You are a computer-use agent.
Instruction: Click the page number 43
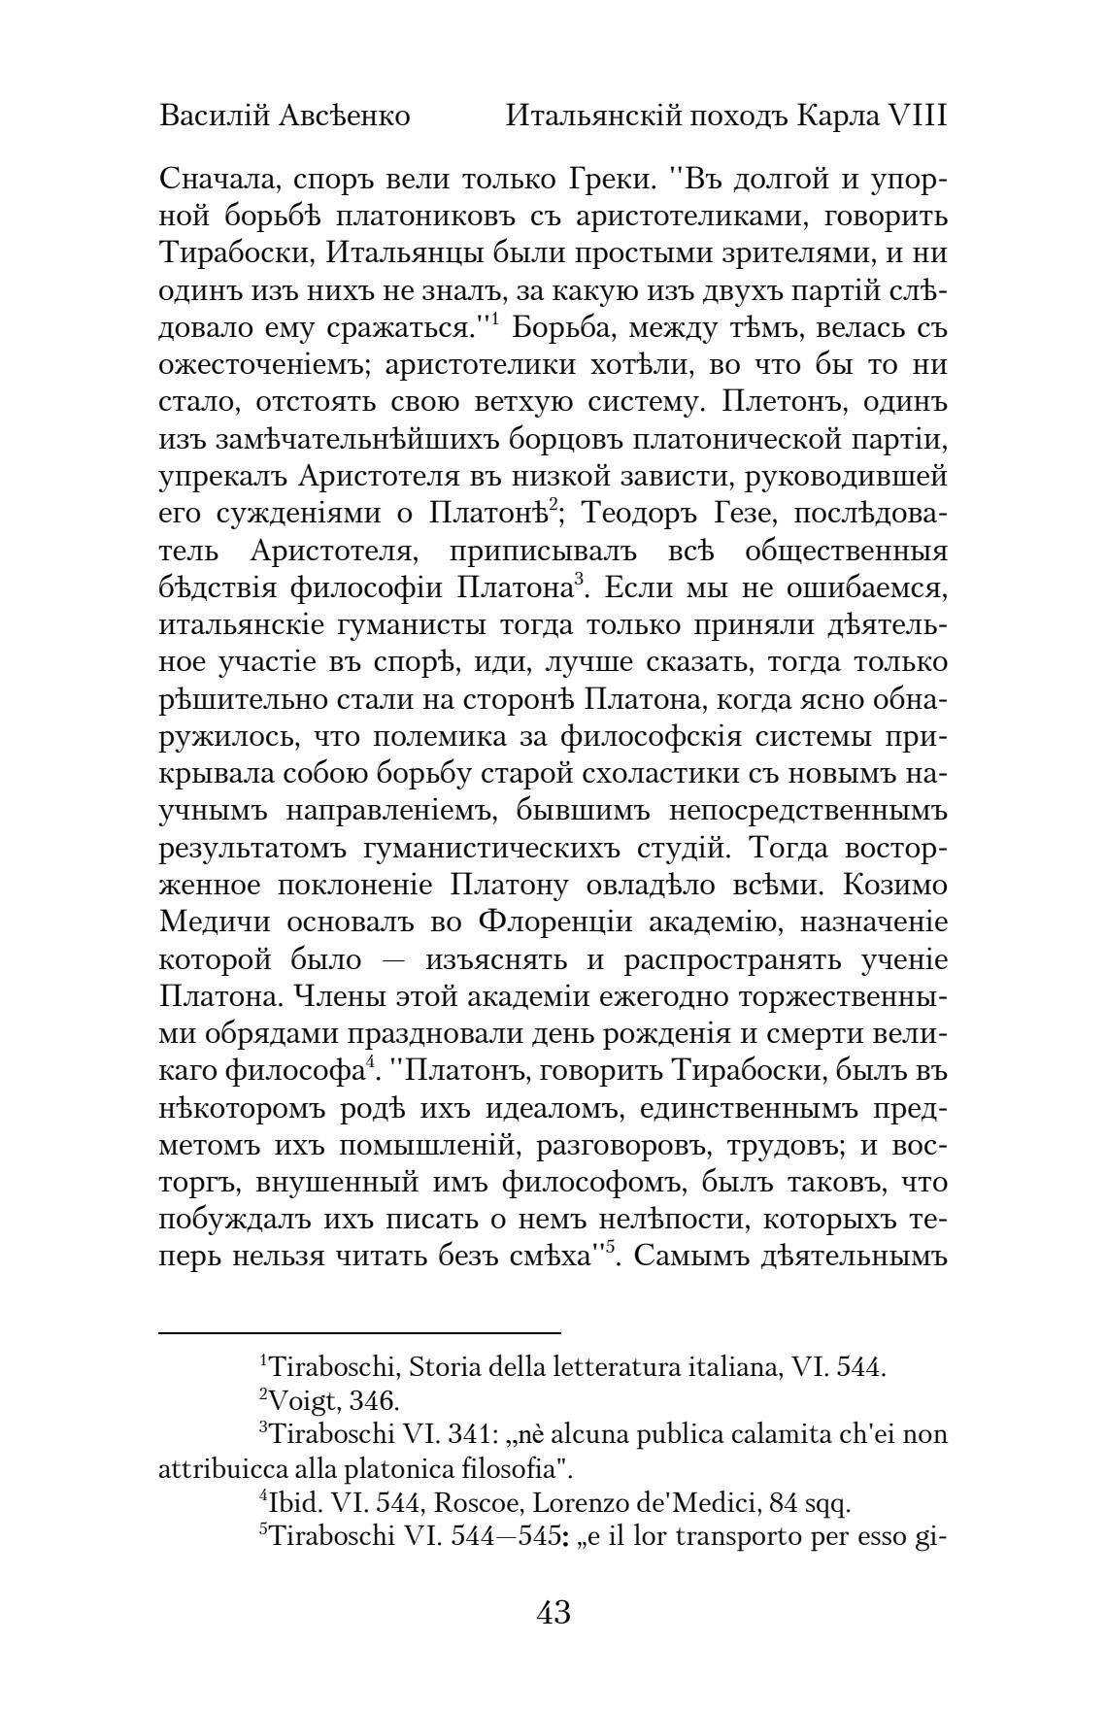553,1613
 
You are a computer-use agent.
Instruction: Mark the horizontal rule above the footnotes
360,1333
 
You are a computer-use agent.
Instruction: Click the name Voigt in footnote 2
299,1401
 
